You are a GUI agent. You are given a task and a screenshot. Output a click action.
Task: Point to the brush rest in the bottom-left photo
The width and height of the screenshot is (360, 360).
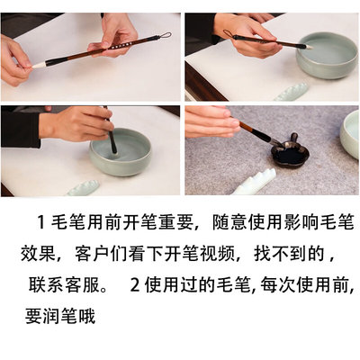point(83,187)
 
